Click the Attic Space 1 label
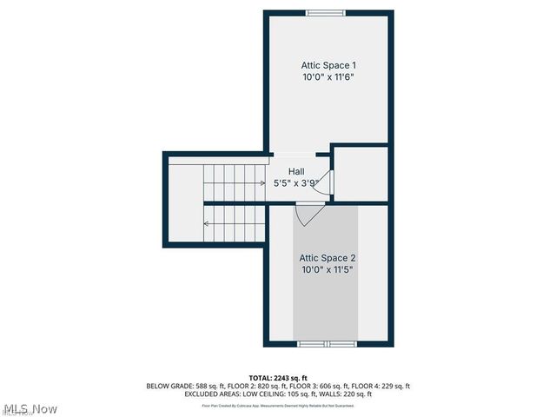pyautogui.click(x=328, y=65)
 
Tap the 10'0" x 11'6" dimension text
pyautogui.click(x=328, y=76)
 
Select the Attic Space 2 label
pyautogui.click(x=328, y=258)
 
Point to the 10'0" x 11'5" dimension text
pyautogui.click(x=328, y=269)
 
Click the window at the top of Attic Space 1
pyautogui.click(x=328, y=12)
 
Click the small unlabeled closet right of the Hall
pyautogui.click(x=361, y=174)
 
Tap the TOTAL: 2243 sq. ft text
pyautogui.click(x=278, y=377)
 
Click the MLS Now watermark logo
pyautogui.click(x=30, y=408)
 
